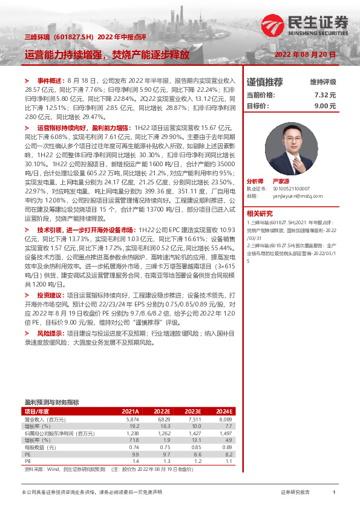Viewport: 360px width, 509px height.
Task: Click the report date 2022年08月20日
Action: coord(305,54)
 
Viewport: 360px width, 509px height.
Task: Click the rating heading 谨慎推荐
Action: coord(264,82)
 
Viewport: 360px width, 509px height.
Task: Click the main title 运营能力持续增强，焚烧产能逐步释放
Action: coord(106,54)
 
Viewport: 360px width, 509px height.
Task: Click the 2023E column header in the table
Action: coord(192,411)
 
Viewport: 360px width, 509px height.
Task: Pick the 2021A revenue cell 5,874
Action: coord(133,419)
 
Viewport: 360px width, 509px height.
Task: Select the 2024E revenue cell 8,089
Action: coord(224,419)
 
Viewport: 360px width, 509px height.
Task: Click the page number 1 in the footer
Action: coord(334,493)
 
